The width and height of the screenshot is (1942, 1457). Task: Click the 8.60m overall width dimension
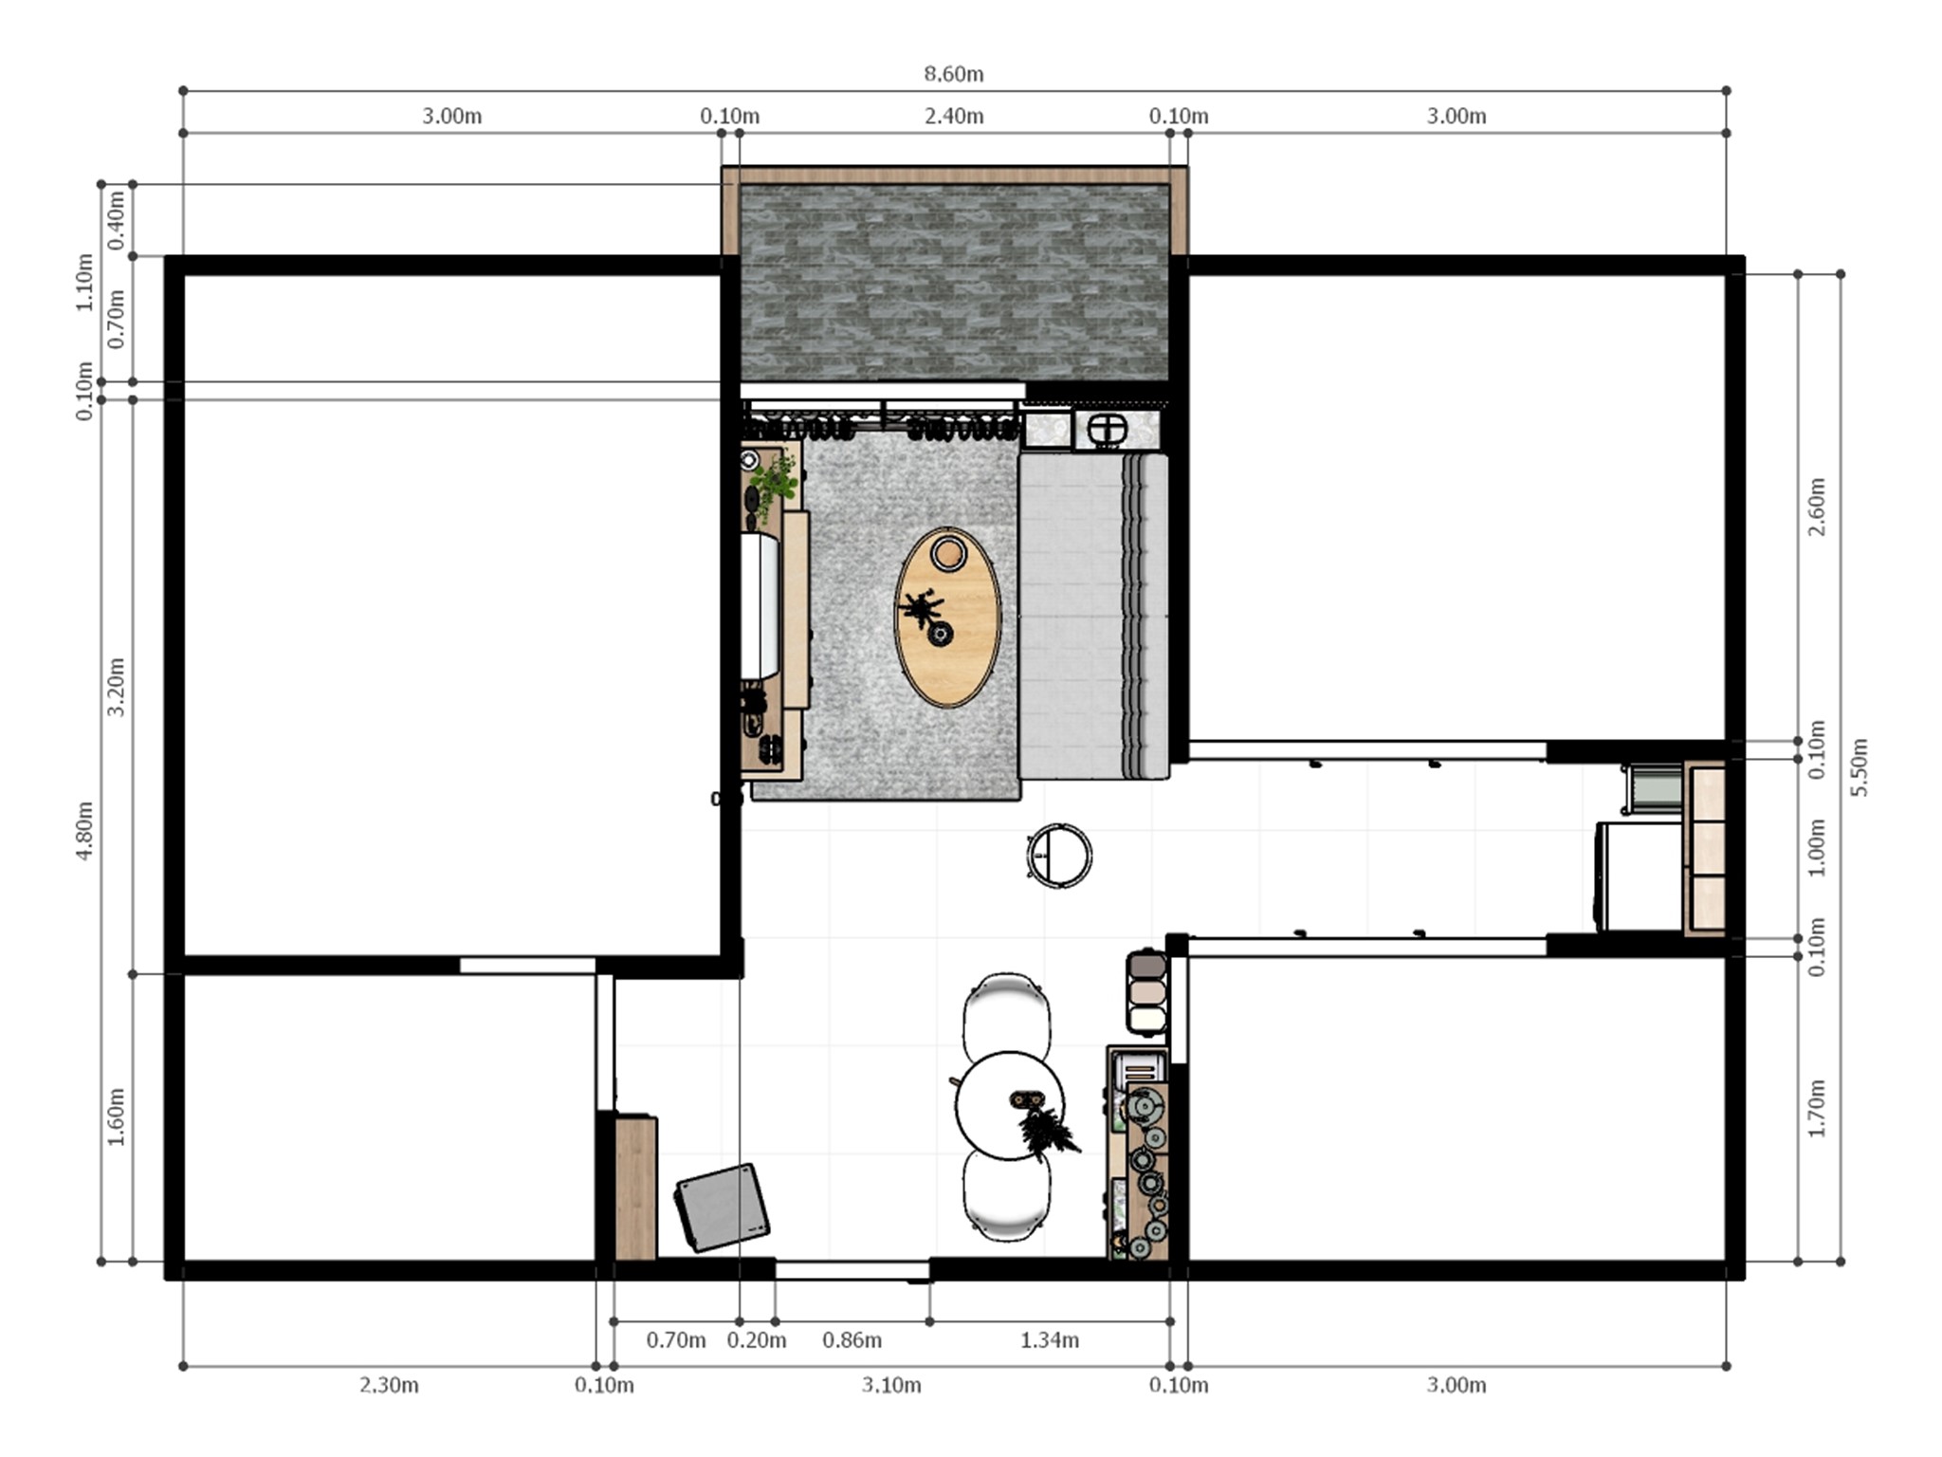coord(953,74)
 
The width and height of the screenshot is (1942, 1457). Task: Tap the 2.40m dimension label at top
coord(953,117)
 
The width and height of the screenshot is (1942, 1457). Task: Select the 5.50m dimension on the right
coord(1860,767)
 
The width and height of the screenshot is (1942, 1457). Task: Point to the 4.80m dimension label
coord(84,831)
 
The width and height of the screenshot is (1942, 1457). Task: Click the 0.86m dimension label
coord(852,1340)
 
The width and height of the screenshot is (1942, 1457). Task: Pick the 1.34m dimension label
coord(1049,1340)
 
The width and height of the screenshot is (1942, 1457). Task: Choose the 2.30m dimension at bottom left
coord(389,1385)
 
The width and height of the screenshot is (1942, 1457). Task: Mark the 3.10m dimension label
coord(891,1385)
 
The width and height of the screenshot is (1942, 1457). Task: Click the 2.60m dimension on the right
coord(1817,507)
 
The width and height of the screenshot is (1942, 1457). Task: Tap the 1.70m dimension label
coord(1817,1108)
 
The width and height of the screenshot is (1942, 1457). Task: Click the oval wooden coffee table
coord(947,617)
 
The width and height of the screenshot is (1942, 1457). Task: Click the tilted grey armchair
coord(723,1208)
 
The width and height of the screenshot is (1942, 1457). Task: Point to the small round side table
coord(1059,856)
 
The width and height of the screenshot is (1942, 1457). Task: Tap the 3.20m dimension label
coord(116,687)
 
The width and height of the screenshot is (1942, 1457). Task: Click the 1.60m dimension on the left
coord(116,1116)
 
